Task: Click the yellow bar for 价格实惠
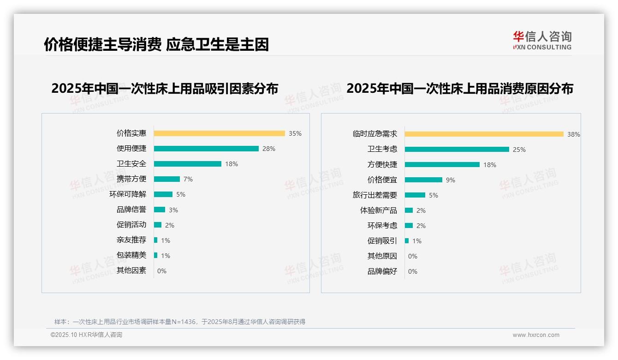coord(219,133)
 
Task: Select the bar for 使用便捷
coord(206,149)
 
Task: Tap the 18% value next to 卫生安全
coord(232,164)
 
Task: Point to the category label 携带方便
coord(131,179)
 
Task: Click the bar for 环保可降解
coord(163,194)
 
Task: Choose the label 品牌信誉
coord(131,210)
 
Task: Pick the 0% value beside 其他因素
coord(162,271)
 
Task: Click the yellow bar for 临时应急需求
coord(484,134)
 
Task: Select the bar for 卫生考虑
coord(457,150)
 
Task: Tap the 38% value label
coord(574,134)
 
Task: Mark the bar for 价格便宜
coord(423,180)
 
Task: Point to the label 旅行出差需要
coord(375,195)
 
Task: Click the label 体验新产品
coord(379,210)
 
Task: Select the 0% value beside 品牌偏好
coord(413,271)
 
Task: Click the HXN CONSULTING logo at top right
coord(542,40)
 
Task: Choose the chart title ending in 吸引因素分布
coord(165,88)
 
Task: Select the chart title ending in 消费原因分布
coord(460,88)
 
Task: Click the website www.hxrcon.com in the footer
coord(536,335)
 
